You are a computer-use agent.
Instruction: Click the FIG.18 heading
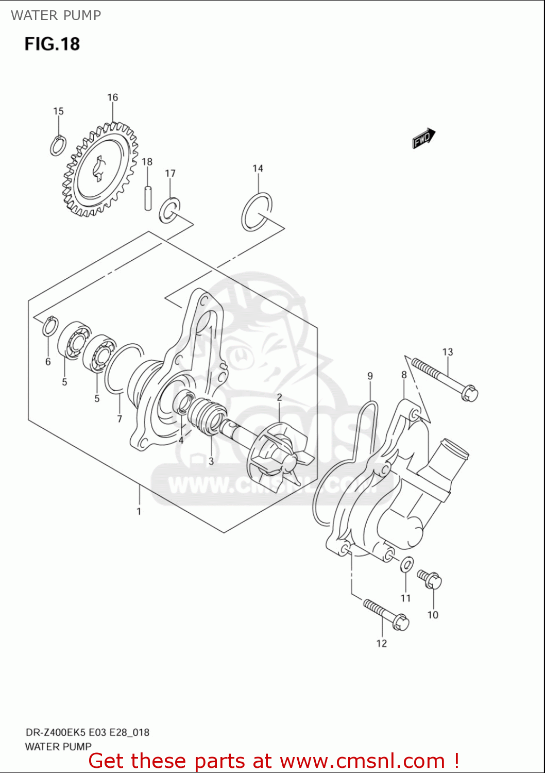point(52,44)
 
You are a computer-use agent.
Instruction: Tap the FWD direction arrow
point(423,138)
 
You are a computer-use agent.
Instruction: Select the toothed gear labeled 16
point(101,170)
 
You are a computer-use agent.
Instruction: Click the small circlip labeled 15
point(58,145)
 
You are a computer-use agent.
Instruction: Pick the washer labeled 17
point(169,210)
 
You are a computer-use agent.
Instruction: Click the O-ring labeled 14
point(257,212)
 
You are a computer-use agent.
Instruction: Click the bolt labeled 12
point(386,614)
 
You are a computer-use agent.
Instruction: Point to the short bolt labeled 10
point(429,579)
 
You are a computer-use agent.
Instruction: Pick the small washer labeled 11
point(406,564)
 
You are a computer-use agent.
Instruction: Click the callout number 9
point(370,376)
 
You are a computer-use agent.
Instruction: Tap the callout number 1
point(139,511)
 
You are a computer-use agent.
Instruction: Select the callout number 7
point(120,419)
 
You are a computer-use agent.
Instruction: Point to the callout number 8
point(404,375)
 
